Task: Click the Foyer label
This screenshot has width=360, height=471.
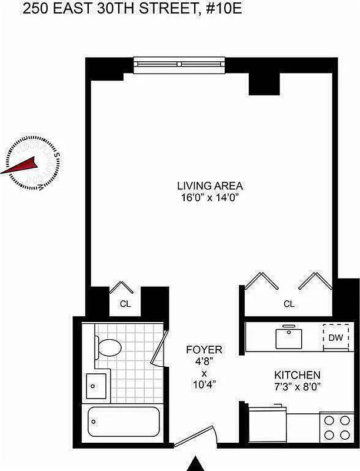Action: tap(204, 350)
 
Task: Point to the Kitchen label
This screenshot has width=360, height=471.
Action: tap(298, 375)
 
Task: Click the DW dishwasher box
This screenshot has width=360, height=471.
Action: tap(336, 338)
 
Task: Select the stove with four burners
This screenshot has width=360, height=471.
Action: tap(336, 427)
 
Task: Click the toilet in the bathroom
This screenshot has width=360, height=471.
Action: tap(109, 347)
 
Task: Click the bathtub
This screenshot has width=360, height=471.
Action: tap(124, 423)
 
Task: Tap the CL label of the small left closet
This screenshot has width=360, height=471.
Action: tap(125, 304)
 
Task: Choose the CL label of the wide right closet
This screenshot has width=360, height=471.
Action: tap(289, 304)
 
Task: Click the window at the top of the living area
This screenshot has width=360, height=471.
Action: tap(179, 65)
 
